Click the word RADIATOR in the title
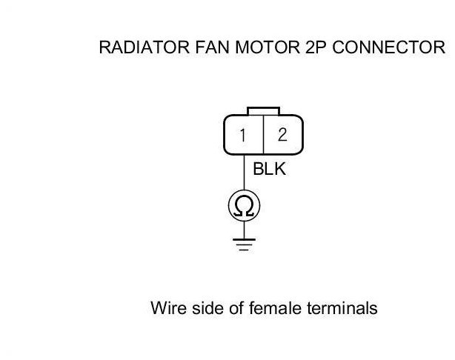[145, 47]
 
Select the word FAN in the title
[213, 47]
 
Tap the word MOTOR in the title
[268, 47]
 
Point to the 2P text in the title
[316, 47]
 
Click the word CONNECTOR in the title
[388, 47]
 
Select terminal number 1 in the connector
[242, 135]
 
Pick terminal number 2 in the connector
[282, 135]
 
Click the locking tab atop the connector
[264, 111]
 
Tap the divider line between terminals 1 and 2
[264, 135]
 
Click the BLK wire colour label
[269, 169]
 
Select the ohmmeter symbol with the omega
[244, 206]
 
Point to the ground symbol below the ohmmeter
[244, 244]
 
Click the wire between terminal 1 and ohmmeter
[244, 173]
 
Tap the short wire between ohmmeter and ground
[244, 230]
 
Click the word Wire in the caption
[169, 308]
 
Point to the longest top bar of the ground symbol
[244, 239]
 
